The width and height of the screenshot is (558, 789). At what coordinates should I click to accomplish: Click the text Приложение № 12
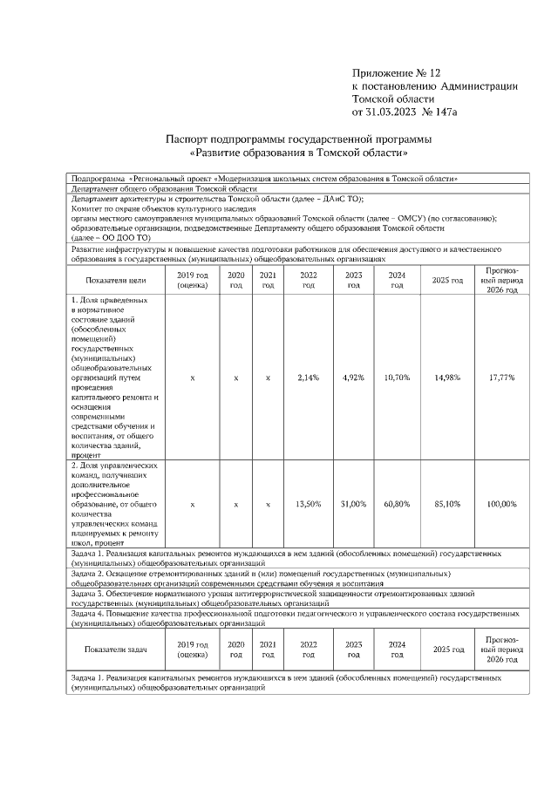398,72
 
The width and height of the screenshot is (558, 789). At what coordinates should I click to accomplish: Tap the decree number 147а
440,112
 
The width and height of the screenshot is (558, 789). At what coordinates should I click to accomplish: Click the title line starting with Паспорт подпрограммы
298,139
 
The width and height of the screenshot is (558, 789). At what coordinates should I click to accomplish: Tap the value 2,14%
309,377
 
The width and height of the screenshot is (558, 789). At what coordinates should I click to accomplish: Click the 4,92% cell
353,377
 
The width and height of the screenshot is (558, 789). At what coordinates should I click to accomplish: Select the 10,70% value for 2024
397,377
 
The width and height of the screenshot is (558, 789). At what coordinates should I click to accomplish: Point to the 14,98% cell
447,377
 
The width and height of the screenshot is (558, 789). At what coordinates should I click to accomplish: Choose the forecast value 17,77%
501,377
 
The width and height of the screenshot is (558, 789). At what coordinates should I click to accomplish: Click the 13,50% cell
309,505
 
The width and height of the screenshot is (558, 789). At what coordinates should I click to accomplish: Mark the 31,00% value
353,505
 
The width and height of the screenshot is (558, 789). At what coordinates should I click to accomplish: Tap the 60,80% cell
397,505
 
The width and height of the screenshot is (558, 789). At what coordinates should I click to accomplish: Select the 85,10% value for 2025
447,505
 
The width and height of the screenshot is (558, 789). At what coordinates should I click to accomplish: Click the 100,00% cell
501,505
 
